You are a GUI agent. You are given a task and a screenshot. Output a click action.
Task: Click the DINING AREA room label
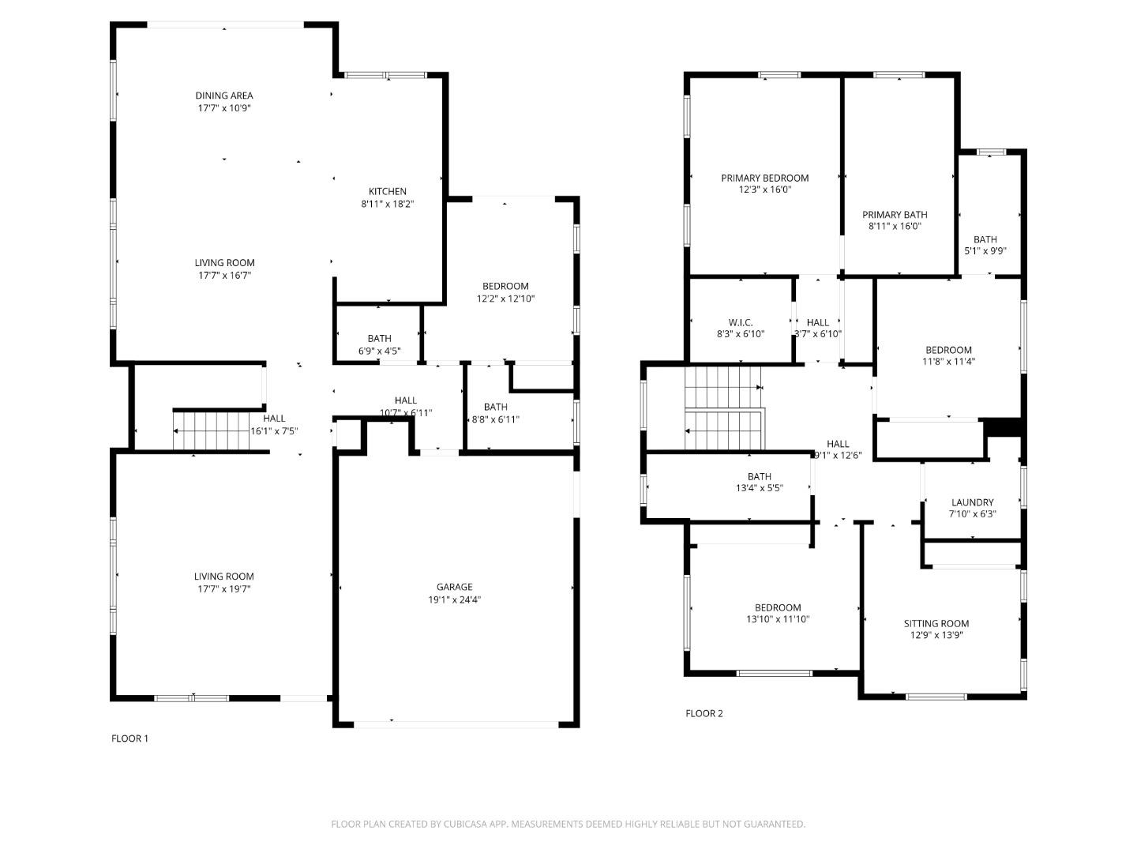224,96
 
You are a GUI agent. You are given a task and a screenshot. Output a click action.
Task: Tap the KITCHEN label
388,191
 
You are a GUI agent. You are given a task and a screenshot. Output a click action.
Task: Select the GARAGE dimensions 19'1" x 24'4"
454,599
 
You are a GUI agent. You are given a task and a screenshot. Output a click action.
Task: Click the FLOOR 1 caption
129,738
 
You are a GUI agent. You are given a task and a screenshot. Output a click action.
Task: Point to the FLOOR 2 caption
704,713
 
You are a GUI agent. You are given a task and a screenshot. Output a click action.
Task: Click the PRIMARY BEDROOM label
764,178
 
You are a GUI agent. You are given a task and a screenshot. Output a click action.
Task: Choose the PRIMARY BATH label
894,215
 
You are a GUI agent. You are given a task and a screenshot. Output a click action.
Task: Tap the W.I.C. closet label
741,322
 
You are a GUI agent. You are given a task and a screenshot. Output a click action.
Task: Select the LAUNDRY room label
972,502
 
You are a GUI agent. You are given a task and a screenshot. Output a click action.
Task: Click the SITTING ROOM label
936,623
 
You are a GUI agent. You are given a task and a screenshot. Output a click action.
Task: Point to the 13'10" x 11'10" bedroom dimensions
777,619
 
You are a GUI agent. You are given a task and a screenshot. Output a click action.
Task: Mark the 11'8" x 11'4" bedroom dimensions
948,362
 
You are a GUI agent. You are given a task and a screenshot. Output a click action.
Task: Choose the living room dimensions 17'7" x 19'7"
224,589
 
